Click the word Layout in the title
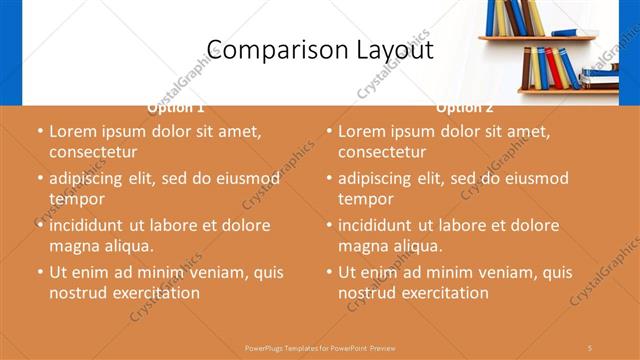click(389, 50)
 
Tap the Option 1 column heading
click(176, 107)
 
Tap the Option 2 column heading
click(465, 107)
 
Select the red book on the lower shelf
click(553, 68)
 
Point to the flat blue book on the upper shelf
click(565, 32)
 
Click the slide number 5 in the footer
click(590, 346)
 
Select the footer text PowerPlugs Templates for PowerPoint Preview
click(320, 346)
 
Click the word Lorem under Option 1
click(72, 131)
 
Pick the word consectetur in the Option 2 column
click(382, 152)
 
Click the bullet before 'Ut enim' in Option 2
click(329, 272)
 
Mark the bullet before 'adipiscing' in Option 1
click(40, 179)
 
